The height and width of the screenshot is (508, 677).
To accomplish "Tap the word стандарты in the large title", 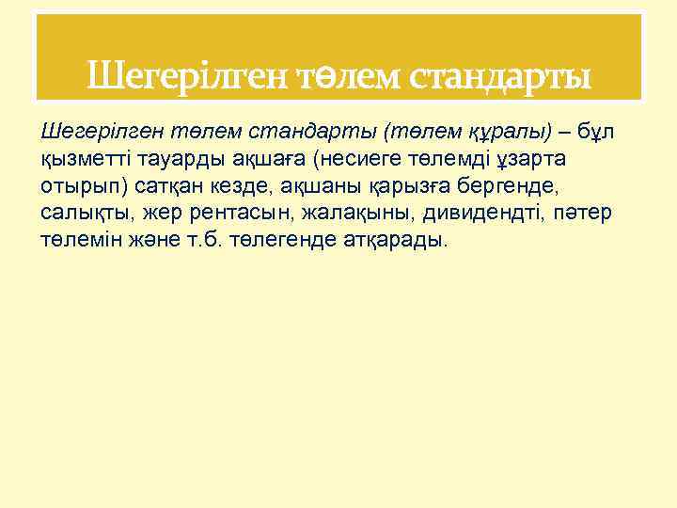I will [x=499, y=75].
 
